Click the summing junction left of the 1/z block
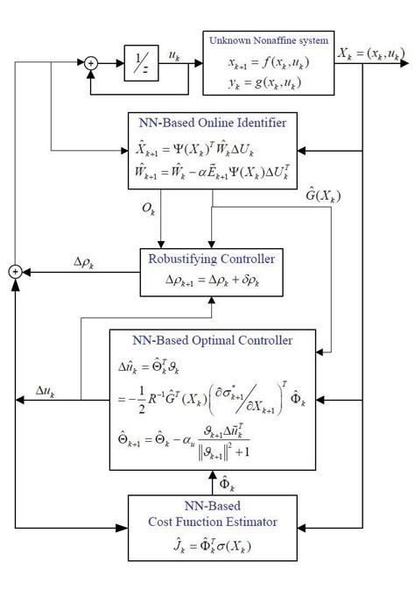pyautogui.click(x=90, y=63)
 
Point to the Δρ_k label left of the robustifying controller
pyautogui.click(x=86, y=262)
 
